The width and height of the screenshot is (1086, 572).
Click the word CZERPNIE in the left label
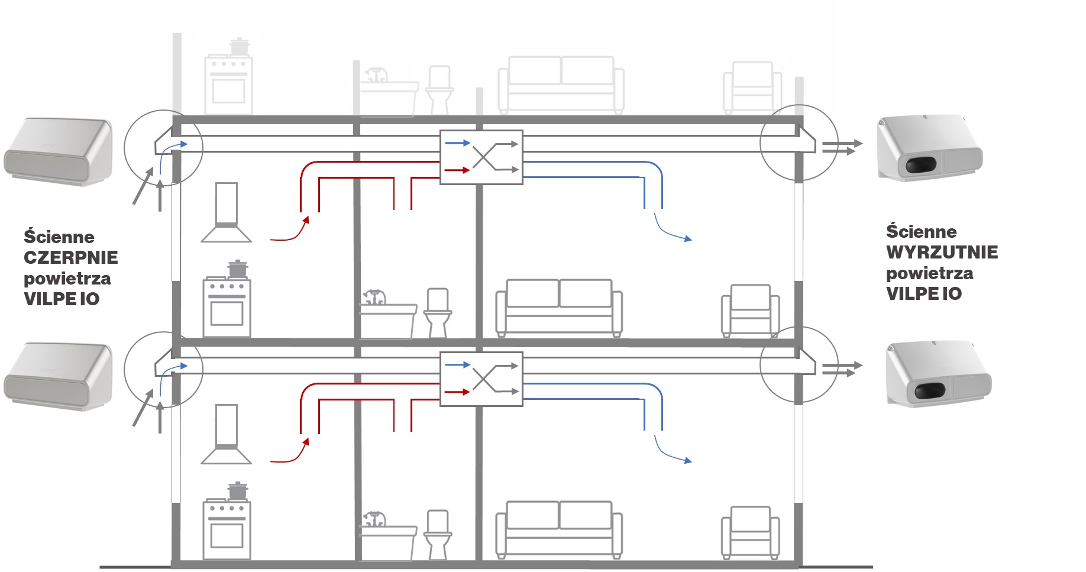[x=71, y=258]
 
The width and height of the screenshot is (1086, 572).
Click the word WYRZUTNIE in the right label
[x=942, y=253]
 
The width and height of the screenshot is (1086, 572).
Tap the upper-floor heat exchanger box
[x=481, y=157]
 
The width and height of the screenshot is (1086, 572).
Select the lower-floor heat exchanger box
[x=481, y=379]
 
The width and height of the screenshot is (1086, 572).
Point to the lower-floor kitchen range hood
[x=227, y=435]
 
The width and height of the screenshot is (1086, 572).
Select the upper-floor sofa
[x=559, y=307]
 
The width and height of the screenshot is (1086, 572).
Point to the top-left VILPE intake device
[x=58, y=152]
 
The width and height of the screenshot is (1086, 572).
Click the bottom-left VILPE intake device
[x=58, y=377]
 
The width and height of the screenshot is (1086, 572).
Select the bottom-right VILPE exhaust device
[x=938, y=374]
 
